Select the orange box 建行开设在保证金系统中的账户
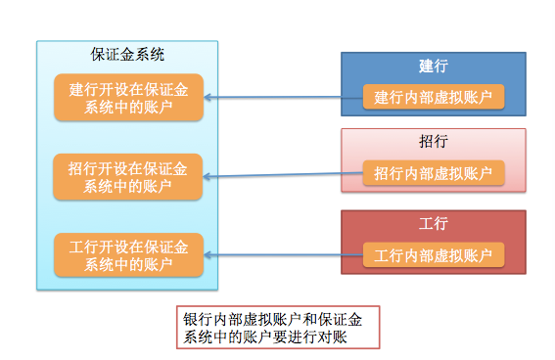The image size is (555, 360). [x=128, y=97]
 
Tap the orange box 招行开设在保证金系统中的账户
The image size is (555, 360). [x=128, y=176]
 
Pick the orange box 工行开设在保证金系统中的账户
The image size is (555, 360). [x=128, y=254]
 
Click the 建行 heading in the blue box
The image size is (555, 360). [x=433, y=66]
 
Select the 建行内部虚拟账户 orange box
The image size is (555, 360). [x=433, y=97]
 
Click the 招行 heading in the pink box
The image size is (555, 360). [x=433, y=142]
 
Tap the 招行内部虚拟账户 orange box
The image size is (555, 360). [x=433, y=173]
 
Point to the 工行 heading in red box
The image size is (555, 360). [x=433, y=224]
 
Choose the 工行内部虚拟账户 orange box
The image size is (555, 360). [x=433, y=255]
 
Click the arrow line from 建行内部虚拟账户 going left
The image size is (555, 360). [x=284, y=97]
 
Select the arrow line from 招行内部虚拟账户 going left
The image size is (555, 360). [x=284, y=175]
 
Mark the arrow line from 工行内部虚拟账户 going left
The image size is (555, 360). [x=284, y=255]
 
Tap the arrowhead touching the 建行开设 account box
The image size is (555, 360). [x=208, y=97]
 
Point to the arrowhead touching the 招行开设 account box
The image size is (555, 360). [x=208, y=177]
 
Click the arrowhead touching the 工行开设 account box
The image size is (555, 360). [x=208, y=255]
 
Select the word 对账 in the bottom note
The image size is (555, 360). [x=336, y=337]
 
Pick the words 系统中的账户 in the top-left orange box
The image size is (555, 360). [x=128, y=106]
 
